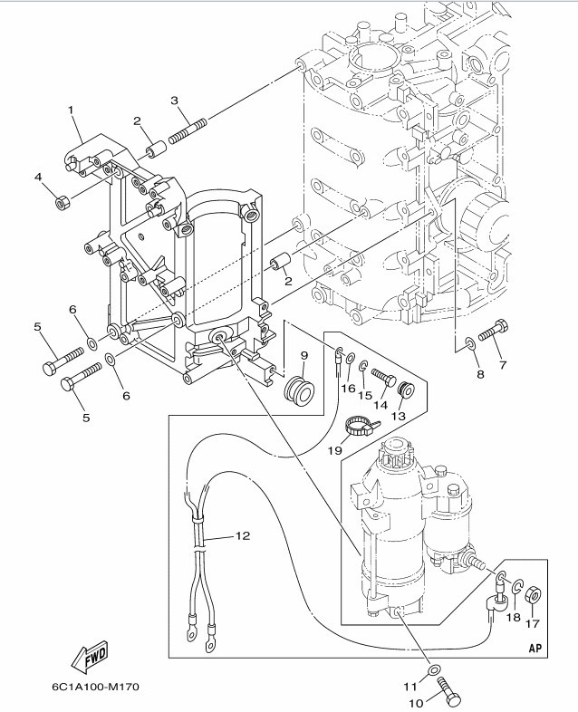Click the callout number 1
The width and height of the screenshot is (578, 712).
(69, 110)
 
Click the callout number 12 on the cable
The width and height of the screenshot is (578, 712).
(242, 536)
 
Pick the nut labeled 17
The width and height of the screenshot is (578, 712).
(534, 595)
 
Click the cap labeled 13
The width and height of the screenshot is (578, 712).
(406, 391)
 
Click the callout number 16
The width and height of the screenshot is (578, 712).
(347, 389)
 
